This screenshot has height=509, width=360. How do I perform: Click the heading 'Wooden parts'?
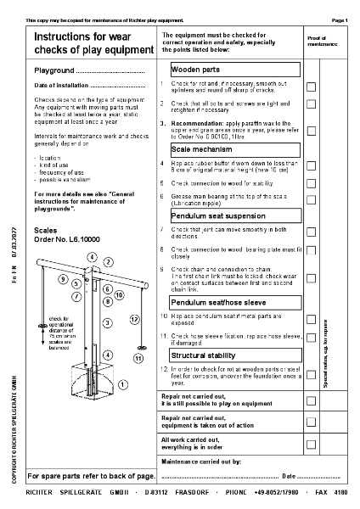pyautogui.click(x=196, y=69)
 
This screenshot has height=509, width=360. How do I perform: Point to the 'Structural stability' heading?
pyautogui.click(x=204, y=355)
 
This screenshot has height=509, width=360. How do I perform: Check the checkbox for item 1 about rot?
pyautogui.click(x=311, y=87)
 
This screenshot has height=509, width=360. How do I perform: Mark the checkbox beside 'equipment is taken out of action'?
pyautogui.click(x=311, y=422)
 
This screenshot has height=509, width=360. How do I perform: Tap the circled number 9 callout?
pyautogui.click(x=63, y=278)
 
